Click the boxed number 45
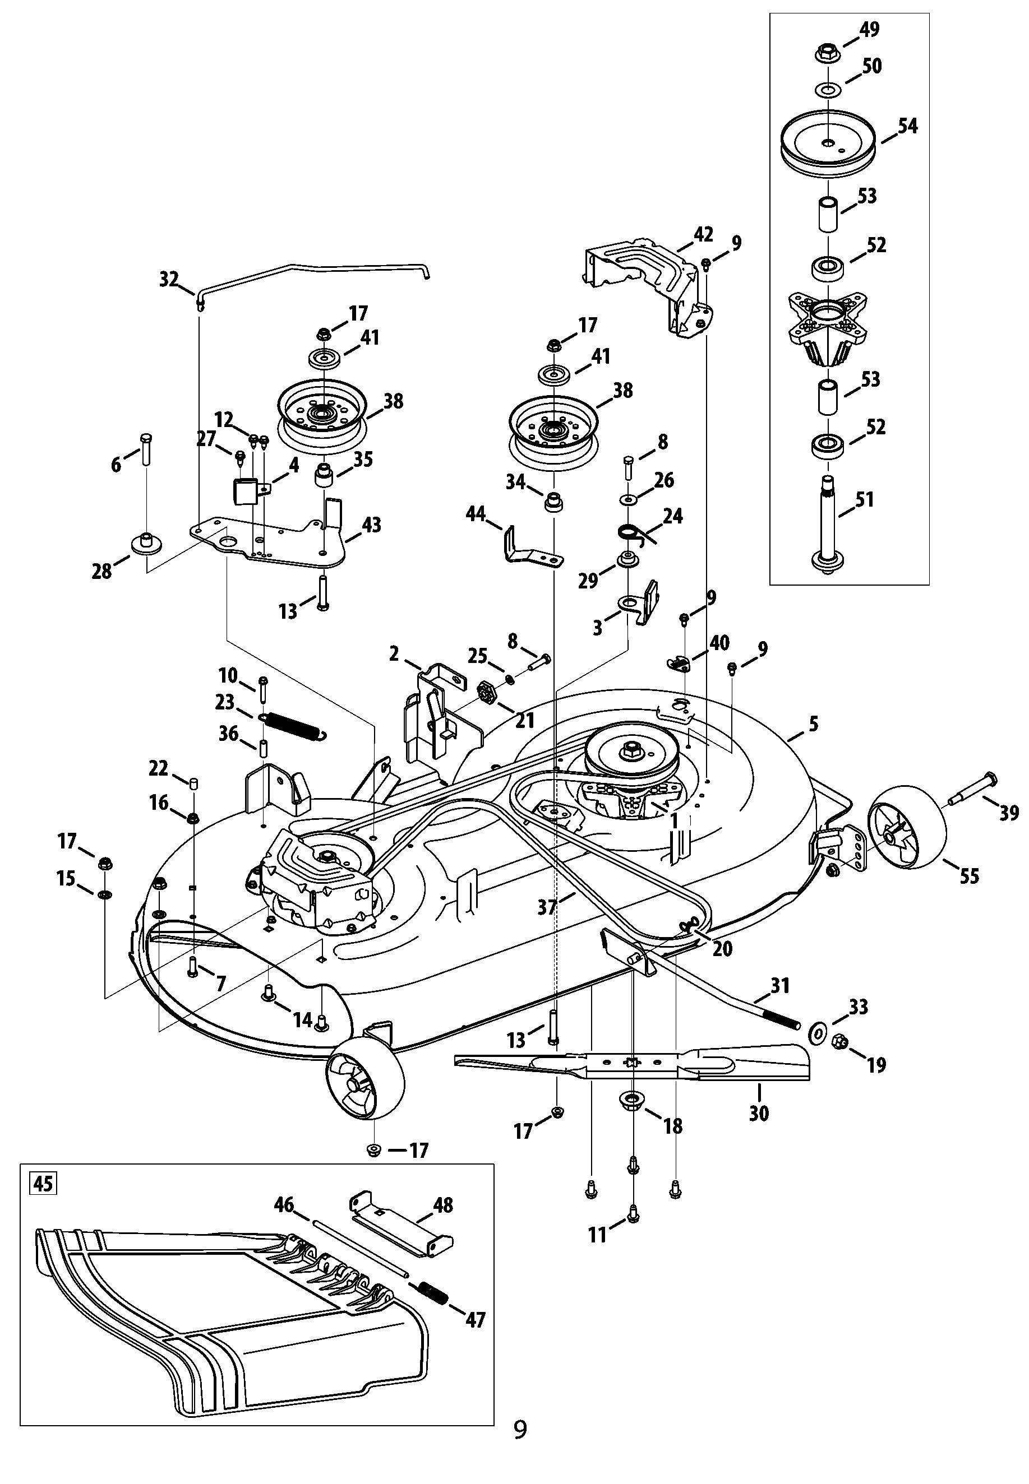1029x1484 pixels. (43, 1184)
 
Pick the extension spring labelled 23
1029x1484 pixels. (293, 725)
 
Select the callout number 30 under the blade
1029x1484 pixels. (759, 1113)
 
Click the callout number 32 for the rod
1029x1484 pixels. (168, 280)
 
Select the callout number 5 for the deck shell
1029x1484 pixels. (813, 724)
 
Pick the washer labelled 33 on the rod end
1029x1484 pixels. (817, 1033)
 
